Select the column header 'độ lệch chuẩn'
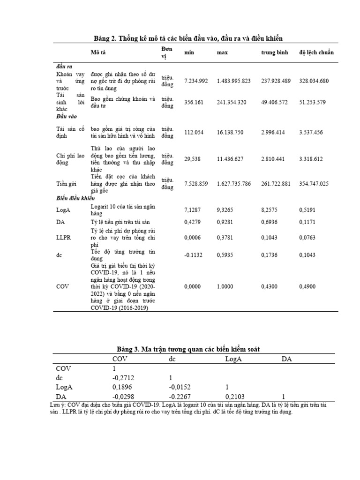tap(316, 52)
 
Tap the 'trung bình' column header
tap(275, 52)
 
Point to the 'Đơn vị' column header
tap(167, 52)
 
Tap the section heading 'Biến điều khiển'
tap(75, 199)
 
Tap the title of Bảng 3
tap(187, 349)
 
